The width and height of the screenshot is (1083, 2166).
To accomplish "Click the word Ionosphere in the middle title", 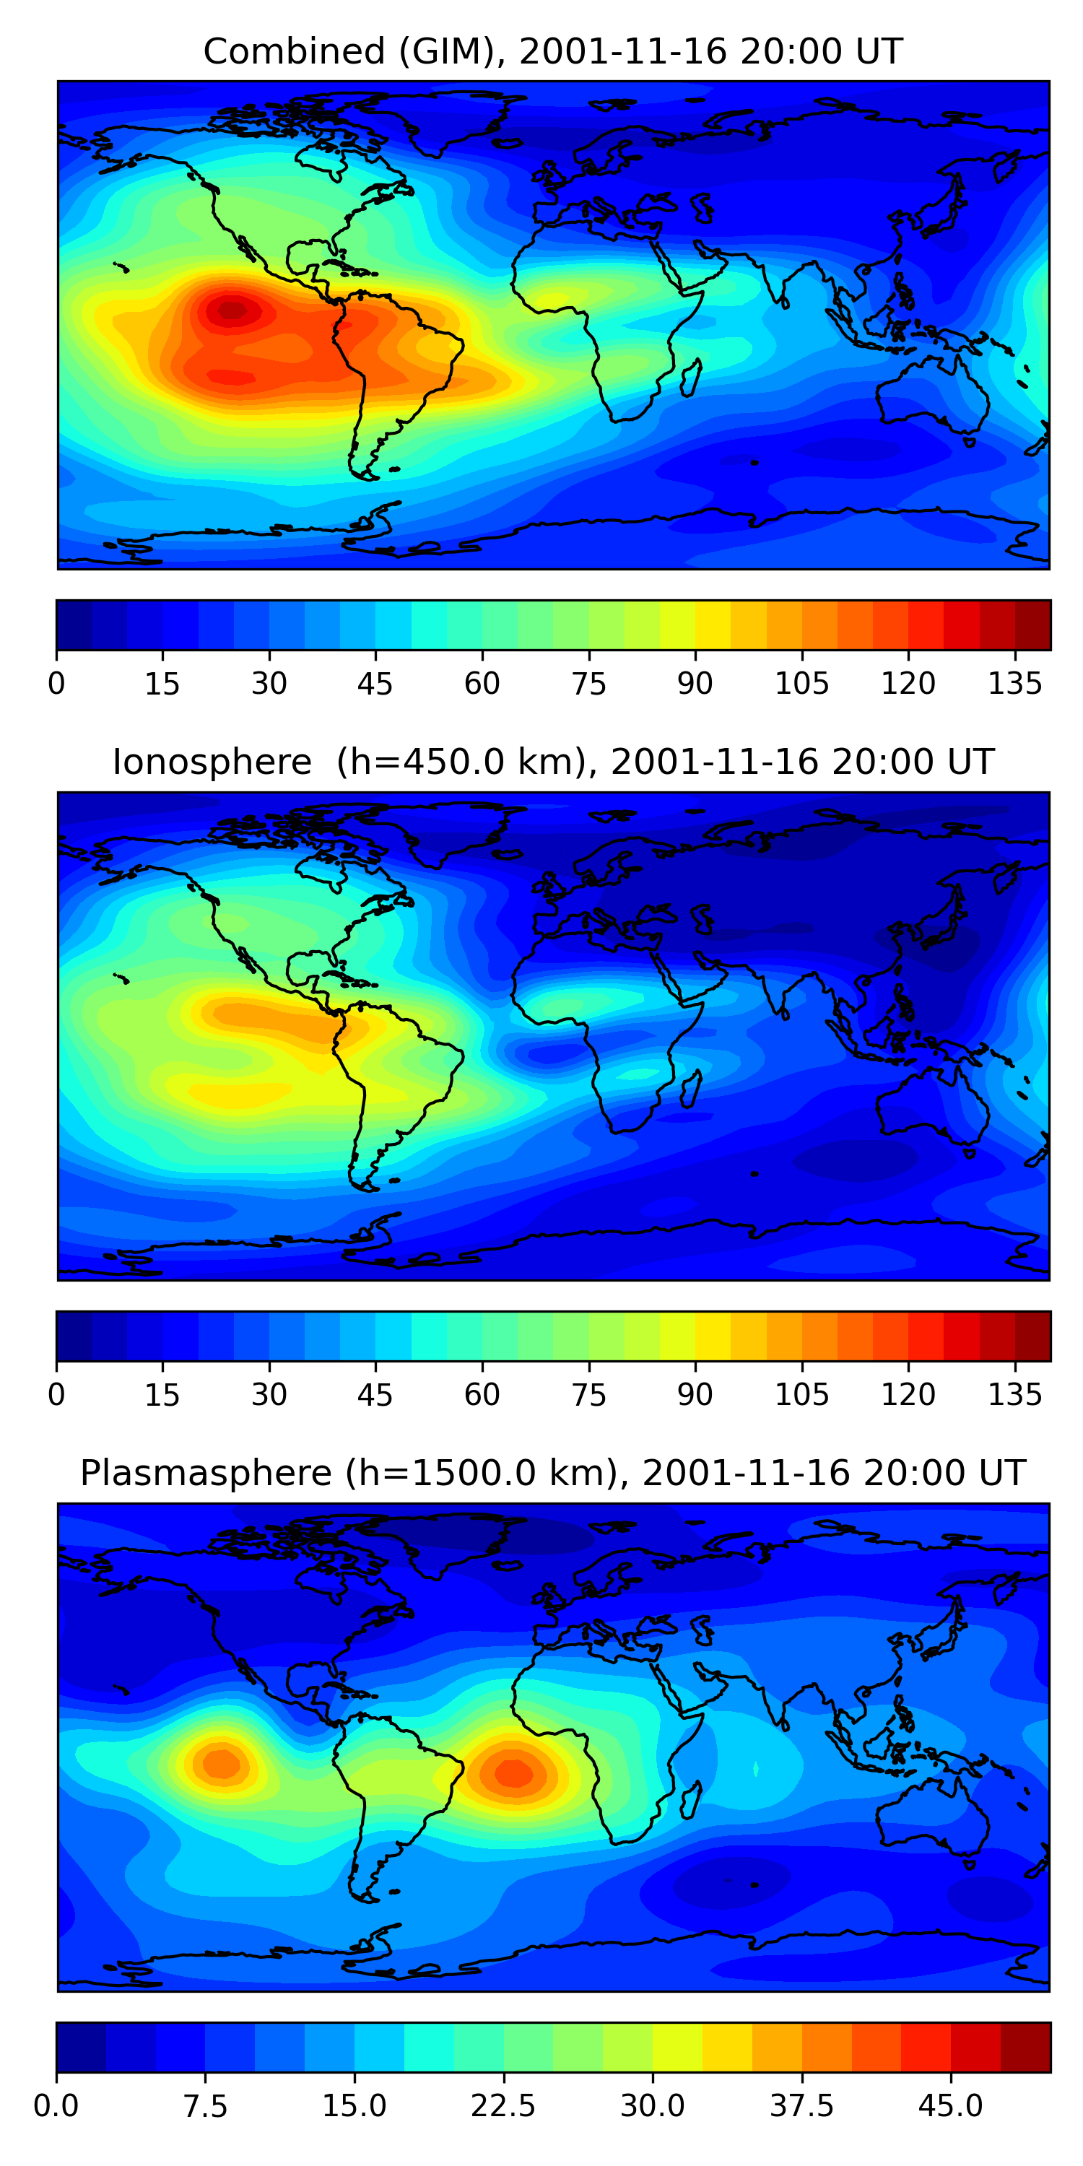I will [212, 762].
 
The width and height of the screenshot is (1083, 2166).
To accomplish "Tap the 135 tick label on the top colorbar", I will [1015, 684].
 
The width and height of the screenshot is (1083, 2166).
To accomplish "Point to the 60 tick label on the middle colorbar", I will [482, 1394].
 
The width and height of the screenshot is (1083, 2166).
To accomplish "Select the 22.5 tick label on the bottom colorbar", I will [503, 2105].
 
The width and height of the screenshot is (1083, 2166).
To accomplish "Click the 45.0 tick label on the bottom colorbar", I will [950, 2105].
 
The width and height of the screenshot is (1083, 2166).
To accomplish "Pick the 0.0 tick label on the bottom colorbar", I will [56, 2105].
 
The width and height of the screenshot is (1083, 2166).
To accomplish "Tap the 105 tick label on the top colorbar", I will [801, 684].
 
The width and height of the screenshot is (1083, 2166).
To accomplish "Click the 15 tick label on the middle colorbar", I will [162, 1394].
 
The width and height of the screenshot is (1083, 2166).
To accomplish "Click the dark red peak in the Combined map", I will [233, 311].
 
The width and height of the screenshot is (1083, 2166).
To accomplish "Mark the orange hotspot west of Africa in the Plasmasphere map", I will [513, 1773].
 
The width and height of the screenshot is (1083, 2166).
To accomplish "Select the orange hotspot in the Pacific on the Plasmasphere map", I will [221, 1762].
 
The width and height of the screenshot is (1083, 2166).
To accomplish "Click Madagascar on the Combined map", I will [690, 378].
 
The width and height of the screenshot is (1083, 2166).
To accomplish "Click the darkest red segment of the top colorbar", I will [1032, 625].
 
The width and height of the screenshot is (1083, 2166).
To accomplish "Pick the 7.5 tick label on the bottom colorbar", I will [205, 2105].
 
